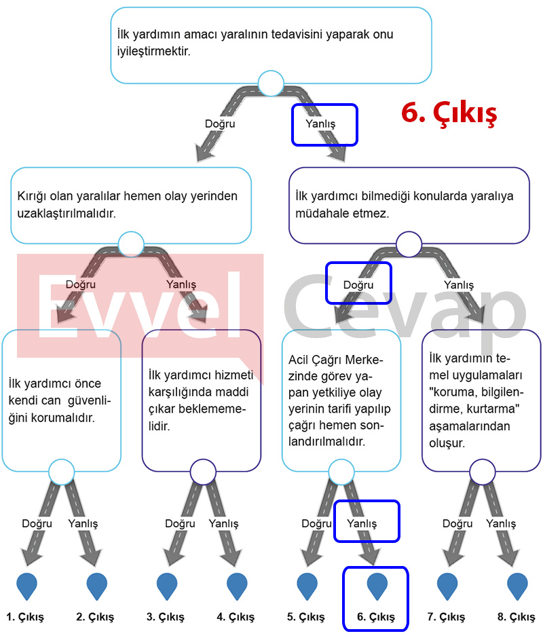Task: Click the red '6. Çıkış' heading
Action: [x=449, y=113]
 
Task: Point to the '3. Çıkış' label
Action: [x=166, y=617]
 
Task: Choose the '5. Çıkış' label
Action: [x=306, y=617]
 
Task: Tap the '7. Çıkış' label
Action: [x=446, y=617]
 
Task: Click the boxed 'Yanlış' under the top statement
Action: [x=320, y=124]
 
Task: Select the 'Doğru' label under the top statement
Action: [x=220, y=124]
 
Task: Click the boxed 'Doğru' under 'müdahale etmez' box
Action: [x=358, y=284]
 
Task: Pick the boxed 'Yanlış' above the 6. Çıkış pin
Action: [x=362, y=523]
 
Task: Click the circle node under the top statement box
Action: [x=271, y=83]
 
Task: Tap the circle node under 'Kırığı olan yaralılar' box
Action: [x=131, y=244]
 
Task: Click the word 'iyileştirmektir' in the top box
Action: [x=153, y=52]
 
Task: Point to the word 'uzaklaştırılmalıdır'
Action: [x=66, y=213]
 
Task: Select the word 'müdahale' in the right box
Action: [x=321, y=213]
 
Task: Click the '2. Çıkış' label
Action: [x=95, y=617]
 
